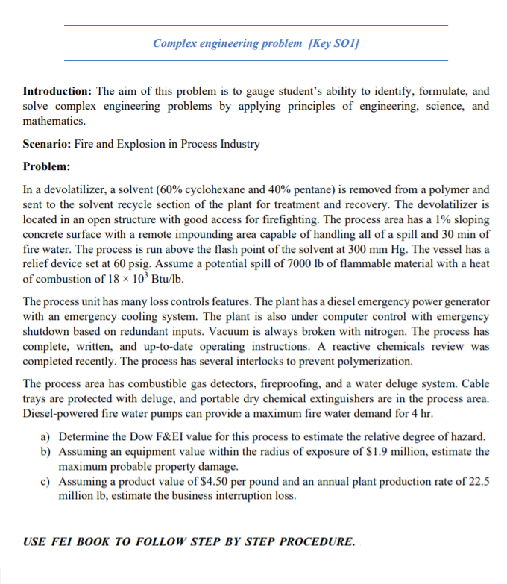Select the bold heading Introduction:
58,91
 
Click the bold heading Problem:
46,166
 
